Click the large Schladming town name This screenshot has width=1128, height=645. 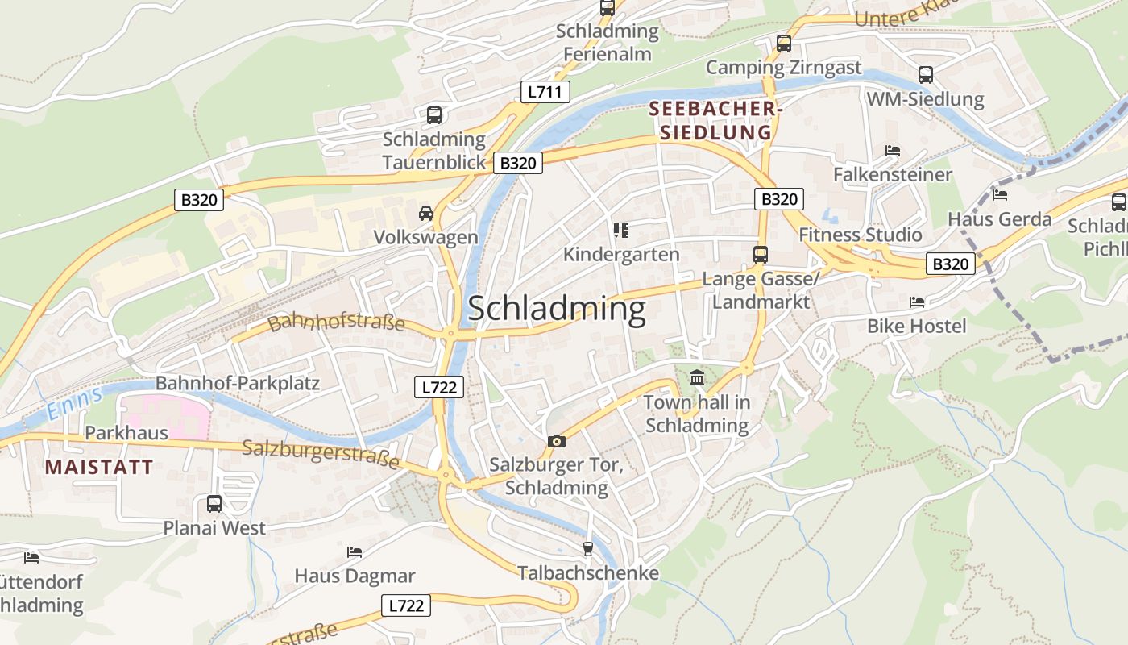click(x=556, y=309)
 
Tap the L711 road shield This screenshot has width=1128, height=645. click(x=545, y=92)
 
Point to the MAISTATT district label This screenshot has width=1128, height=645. click(x=98, y=467)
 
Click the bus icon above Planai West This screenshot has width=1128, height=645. click(x=214, y=504)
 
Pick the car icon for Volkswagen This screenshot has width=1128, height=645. click(x=425, y=214)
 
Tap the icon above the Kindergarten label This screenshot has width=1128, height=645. click(x=620, y=231)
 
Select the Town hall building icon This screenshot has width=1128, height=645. click(x=697, y=377)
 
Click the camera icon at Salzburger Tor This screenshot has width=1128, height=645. click(x=556, y=441)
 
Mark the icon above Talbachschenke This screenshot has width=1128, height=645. click(x=588, y=549)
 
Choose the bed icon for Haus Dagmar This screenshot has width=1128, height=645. click(x=355, y=552)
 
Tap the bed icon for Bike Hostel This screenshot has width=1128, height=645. click(x=917, y=302)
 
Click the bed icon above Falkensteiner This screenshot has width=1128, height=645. click(x=892, y=151)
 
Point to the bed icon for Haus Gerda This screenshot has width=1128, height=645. click(x=1000, y=195)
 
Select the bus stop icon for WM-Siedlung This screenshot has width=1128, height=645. click(x=926, y=75)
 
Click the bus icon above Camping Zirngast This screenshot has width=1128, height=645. click(x=784, y=44)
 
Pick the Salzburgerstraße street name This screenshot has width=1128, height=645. click(x=321, y=454)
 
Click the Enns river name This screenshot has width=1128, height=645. click(x=74, y=403)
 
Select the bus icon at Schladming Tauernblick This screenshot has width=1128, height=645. click(x=434, y=115)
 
